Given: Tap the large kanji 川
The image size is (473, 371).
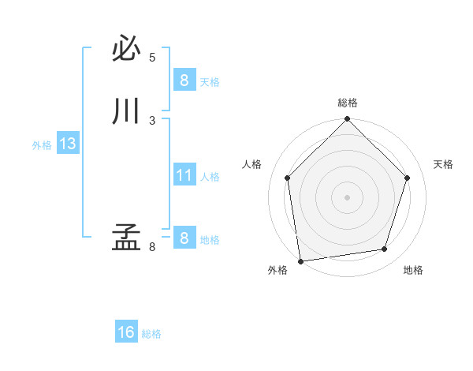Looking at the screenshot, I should pyautogui.click(x=126, y=111).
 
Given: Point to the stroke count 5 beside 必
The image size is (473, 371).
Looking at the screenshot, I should pyautogui.click(x=152, y=58).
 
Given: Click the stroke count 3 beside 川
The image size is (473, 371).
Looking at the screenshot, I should pyautogui.click(x=152, y=120).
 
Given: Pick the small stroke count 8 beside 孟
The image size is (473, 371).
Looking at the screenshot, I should pyautogui.click(x=152, y=247).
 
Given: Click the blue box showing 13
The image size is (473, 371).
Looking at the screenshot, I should pyautogui.click(x=67, y=144).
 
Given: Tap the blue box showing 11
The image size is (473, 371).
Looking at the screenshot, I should pyautogui.click(x=184, y=175).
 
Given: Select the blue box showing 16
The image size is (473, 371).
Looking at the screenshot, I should pyautogui.click(x=126, y=332).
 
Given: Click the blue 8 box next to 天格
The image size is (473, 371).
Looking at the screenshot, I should pyautogui.click(x=184, y=81).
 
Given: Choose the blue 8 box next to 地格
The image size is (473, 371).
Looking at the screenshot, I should pyautogui.click(x=184, y=238).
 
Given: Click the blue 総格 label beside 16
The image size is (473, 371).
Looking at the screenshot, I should pyautogui.click(x=151, y=334).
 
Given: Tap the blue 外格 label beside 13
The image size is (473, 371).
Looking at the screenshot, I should pyautogui.click(x=42, y=145).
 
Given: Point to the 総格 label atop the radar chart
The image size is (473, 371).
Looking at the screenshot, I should pyautogui.click(x=347, y=103).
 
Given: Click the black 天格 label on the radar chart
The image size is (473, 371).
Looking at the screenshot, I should pyautogui.click(x=443, y=164).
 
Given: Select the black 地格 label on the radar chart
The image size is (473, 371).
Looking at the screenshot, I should pyautogui.click(x=413, y=270).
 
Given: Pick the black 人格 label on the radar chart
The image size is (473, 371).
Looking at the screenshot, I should pyautogui.click(x=251, y=164).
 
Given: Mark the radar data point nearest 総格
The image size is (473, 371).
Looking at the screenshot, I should pyautogui.click(x=347, y=120).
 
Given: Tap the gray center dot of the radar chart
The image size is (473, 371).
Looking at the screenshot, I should pyautogui.click(x=347, y=197).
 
